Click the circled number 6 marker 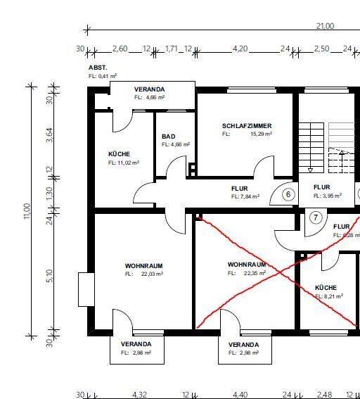[x=288, y=195]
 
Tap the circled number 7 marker [x=316, y=217]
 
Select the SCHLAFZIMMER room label [x=246, y=126]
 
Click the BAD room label [x=169, y=137]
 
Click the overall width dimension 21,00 [x=325, y=26]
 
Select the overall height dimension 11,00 [x=27, y=211]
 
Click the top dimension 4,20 [x=240, y=49]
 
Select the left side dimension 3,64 [x=49, y=135]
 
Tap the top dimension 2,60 [x=120, y=49]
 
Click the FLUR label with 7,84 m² [x=245, y=189]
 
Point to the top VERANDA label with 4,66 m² [x=149, y=89]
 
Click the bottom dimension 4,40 [x=240, y=395]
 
